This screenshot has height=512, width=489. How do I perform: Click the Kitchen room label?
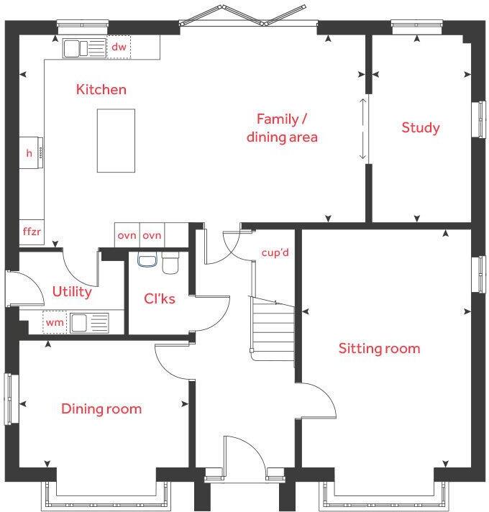[101, 90]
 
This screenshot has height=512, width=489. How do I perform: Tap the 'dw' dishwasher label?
[119, 47]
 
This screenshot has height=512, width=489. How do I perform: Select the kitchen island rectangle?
[116, 140]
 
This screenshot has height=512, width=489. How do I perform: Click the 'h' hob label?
[29, 153]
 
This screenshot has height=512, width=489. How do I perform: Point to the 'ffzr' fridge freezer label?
[31, 232]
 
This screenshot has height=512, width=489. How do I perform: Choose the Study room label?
[421, 128]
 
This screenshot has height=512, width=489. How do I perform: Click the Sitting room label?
[379, 349]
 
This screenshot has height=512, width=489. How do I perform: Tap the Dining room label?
[101, 409]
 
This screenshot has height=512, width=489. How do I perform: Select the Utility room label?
[72, 292]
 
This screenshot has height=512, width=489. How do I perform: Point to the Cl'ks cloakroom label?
[159, 299]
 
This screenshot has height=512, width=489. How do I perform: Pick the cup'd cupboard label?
[275, 252]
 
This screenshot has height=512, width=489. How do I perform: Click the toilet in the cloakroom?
[170, 263]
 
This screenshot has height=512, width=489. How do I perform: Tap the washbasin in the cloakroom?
[147, 260]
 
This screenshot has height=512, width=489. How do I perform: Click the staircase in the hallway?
[272, 327]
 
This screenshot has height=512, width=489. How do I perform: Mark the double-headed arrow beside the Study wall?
[363, 129]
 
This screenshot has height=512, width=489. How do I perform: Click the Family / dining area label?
[282, 127]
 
